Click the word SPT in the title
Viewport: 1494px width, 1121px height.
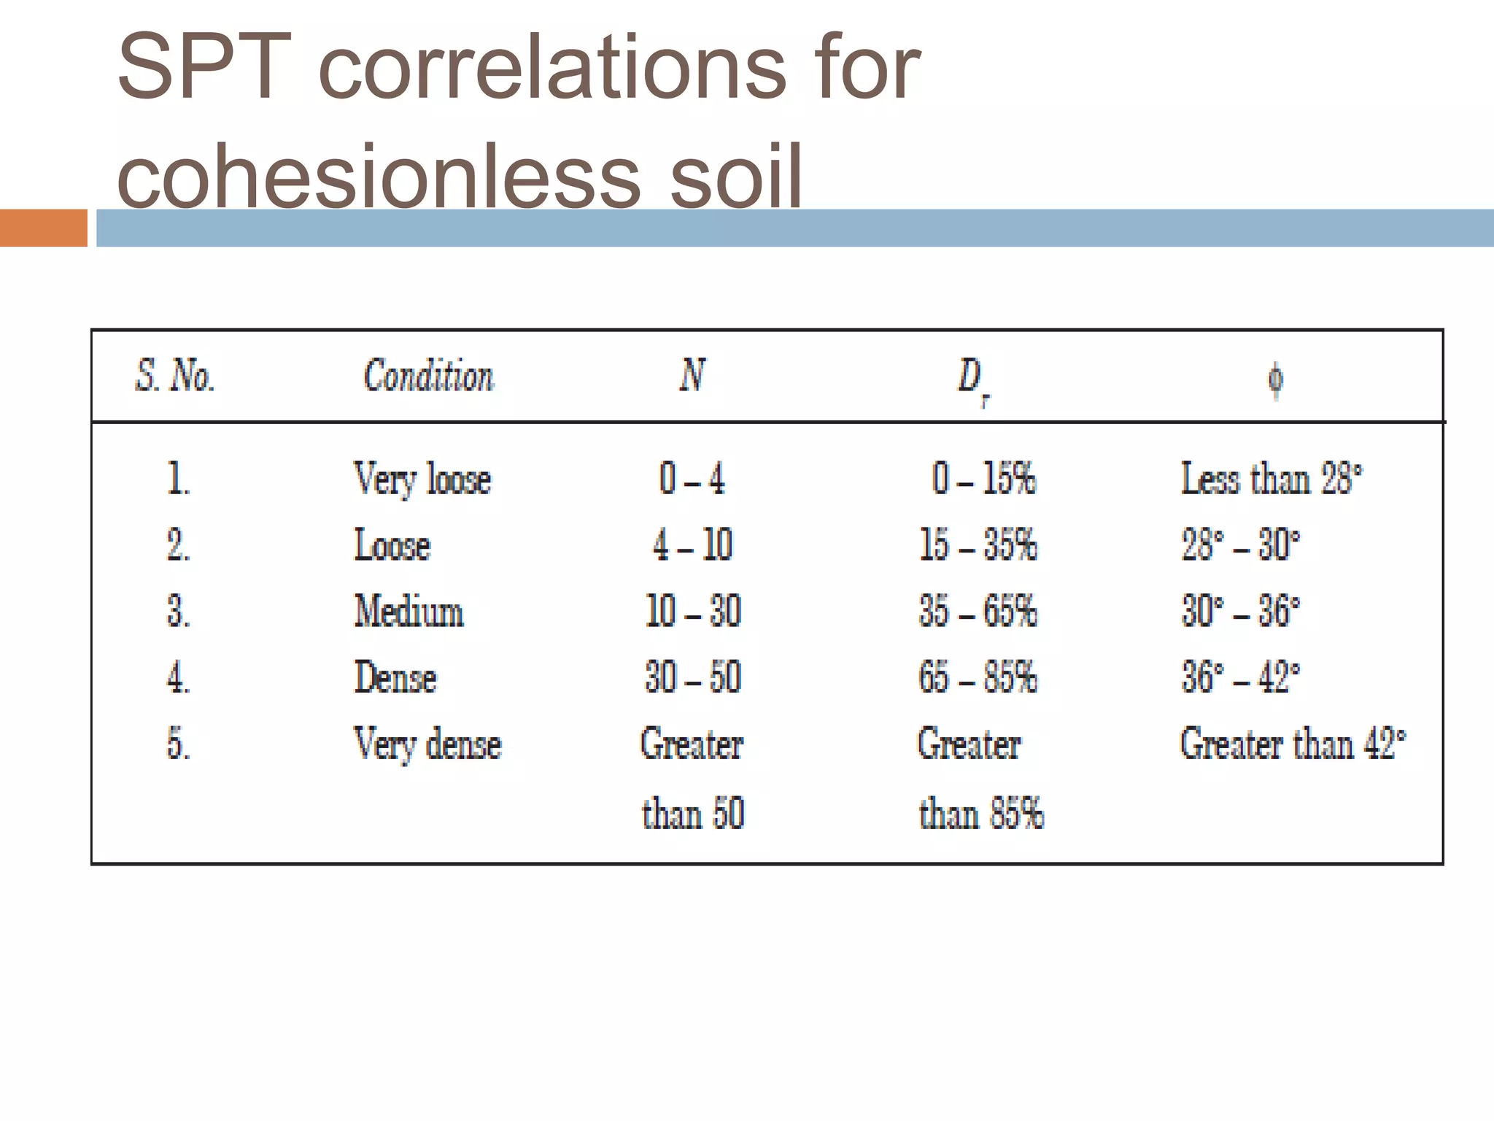pos(204,68)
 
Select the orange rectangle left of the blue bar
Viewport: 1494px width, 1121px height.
pos(43,228)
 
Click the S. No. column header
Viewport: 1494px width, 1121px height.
pos(175,377)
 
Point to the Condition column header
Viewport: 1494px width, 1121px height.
pos(428,377)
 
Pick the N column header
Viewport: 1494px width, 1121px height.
pos(692,375)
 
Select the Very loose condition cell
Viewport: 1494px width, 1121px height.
pos(422,479)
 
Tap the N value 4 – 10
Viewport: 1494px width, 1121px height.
pos(692,545)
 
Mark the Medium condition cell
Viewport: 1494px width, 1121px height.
pos(409,611)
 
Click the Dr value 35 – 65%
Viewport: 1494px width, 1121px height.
pos(978,611)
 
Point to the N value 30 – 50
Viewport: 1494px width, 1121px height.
pos(693,677)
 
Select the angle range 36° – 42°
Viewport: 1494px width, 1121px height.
pos(1240,677)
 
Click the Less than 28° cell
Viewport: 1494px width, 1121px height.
pos(1271,479)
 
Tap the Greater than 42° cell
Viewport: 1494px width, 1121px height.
pos(1292,744)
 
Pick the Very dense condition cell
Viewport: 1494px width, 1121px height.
pos(427,744)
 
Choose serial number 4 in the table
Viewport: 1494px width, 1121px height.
pos(178,678)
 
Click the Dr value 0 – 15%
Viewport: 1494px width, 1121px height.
pos(983,479)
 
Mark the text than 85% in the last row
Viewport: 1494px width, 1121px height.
pos(981,814)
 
